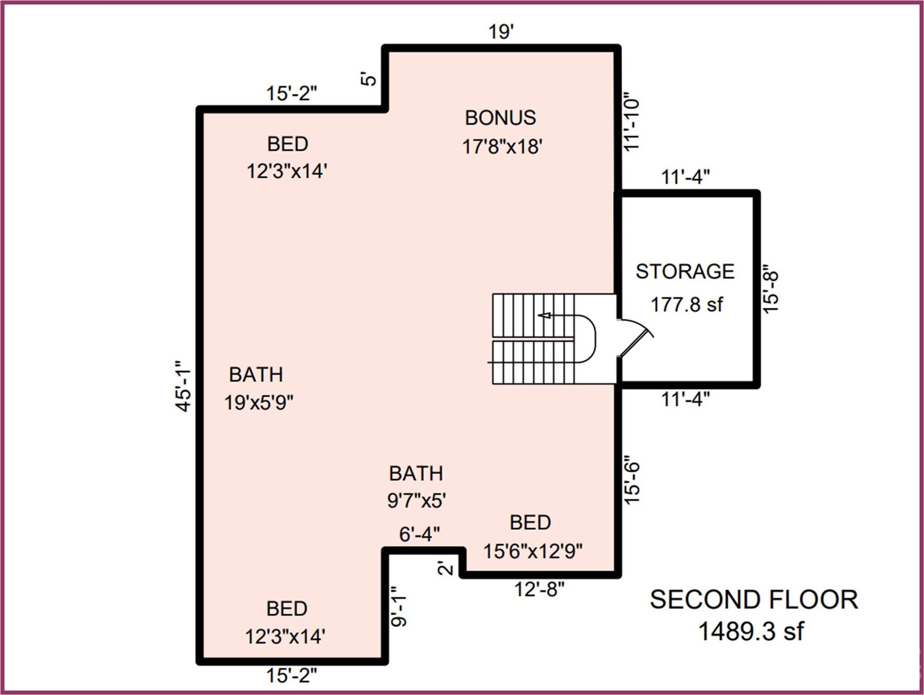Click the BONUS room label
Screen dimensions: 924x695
(500, 118)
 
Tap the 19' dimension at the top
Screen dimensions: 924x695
(501, 32)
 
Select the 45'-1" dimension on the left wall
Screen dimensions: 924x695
(183, 386)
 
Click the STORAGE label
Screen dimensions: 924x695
(685, 271)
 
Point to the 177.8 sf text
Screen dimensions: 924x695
(686, 305)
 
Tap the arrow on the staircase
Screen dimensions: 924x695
(545, 315)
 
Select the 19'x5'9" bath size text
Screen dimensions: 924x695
(259, 402)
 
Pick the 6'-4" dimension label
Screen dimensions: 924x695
(419, 534)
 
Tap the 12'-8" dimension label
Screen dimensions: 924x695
(539, 589)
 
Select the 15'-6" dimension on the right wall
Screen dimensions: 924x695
(632, 483)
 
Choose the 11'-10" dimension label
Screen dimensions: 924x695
(632, 122)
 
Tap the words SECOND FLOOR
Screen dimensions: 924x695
(754, 600)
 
